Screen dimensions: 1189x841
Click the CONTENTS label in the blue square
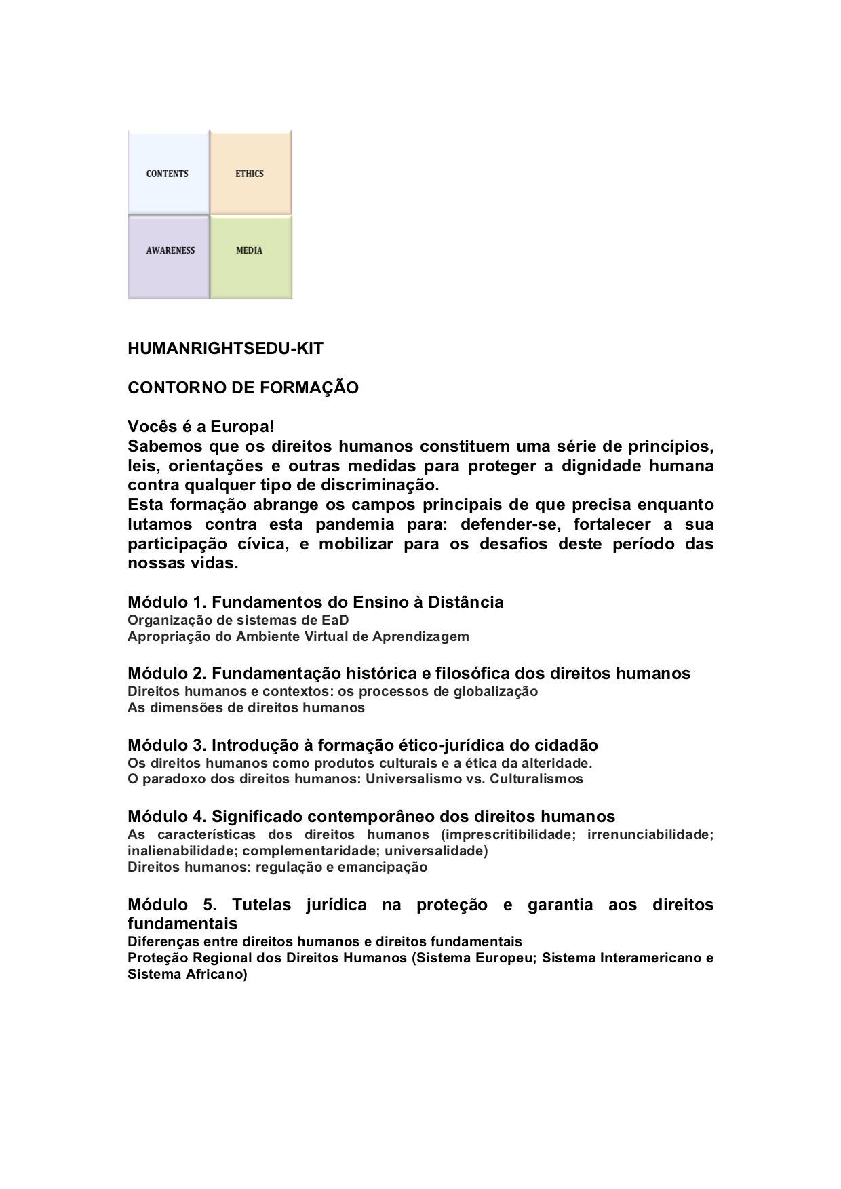(x=167, y=174)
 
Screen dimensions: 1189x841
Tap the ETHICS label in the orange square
(x=250, y=174)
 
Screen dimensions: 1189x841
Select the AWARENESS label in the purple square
(x=170, y=250)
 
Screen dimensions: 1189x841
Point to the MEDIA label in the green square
(x=250, y=250)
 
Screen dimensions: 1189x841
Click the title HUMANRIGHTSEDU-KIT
(x=225, y=349)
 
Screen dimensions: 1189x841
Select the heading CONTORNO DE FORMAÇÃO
(x=243, y=388)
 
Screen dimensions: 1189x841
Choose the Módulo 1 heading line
(x=315, y=602)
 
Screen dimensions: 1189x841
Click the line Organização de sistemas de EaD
(x=238, y=620)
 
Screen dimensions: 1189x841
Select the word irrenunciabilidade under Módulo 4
(x=650, y=834)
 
